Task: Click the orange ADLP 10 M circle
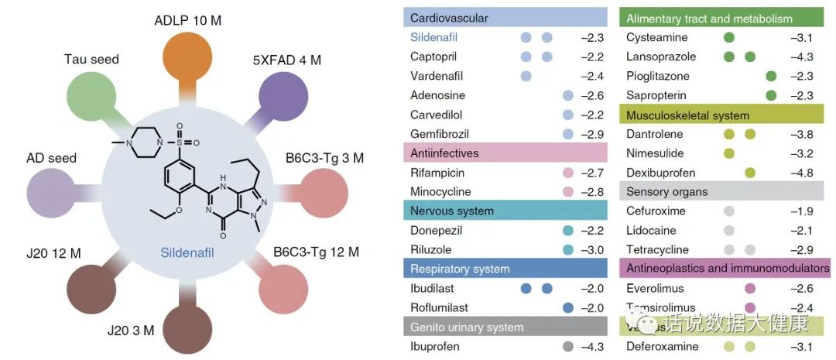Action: point(188,55)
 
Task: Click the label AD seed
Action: point(52,158)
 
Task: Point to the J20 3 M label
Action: point(131,331)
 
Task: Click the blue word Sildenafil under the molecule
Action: point(187,252)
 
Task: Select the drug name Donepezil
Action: point(437,231)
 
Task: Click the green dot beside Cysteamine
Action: point(728,37)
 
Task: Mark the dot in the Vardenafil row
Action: point(526,76)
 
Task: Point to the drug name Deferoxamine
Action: point(663,346)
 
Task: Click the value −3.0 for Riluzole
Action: point(593,250)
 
